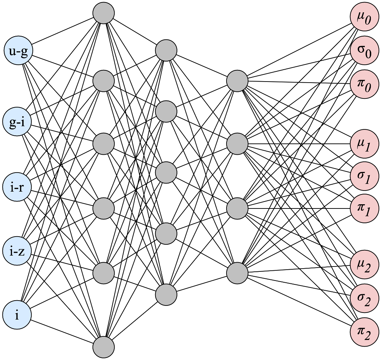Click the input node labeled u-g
pos(17,51)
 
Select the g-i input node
pos(17,122)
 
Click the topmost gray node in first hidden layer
pos(104,13)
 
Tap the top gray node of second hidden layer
pos(166,51)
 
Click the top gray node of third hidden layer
pos(237,81)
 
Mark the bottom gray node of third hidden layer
pos(237,273)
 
